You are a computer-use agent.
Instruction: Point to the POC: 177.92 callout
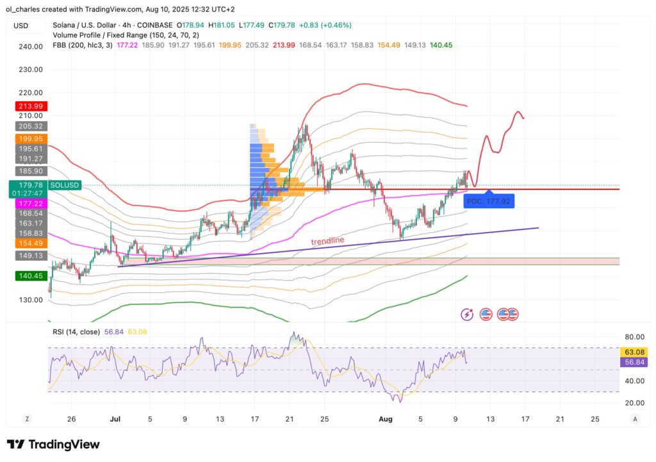(488, 200)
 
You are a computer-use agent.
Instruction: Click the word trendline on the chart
(327, 241)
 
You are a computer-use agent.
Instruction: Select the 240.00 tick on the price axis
(30, 47)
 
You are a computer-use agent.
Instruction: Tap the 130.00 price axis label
(30, 300)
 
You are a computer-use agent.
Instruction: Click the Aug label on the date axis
(385, 419)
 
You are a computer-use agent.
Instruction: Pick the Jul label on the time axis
(116, 419)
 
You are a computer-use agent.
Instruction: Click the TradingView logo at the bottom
(53, 444)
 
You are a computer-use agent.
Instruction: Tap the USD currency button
(21, 26)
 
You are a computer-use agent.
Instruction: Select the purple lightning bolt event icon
(468, 314)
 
